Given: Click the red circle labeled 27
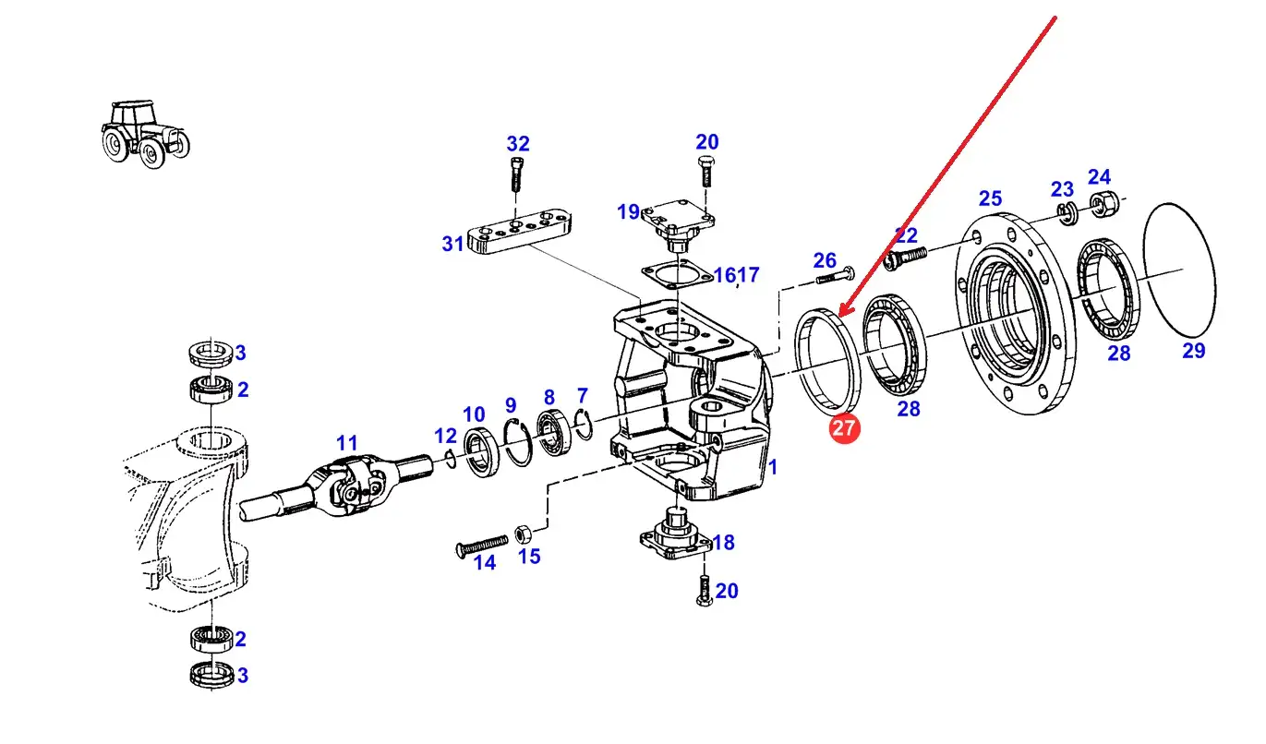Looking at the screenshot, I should coord(845,427).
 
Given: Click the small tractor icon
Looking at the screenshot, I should coord(144,133).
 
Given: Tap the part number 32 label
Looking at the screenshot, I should coord(518,144).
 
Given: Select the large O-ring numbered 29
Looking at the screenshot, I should coord(1181,267).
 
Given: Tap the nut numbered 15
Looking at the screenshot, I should coord(521,533).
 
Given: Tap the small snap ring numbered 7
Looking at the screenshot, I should coord(581,426).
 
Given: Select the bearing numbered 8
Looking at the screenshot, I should coord(551,434).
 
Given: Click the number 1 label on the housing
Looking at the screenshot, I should coord(773,468).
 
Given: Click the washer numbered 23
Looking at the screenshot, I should coord(1064,213).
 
